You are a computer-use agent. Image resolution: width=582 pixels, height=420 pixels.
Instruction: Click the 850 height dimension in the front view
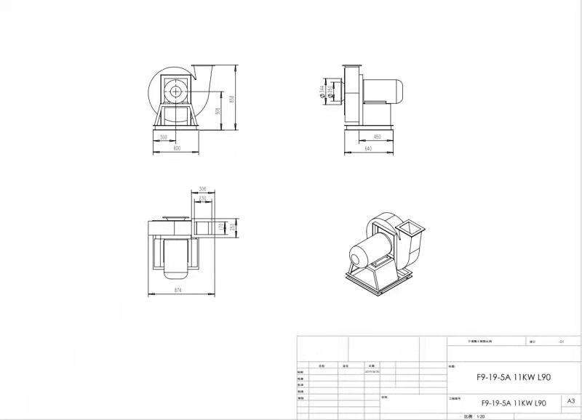(x=232, y=99)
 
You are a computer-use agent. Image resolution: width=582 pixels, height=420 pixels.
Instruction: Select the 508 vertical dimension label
(x=218, y=112)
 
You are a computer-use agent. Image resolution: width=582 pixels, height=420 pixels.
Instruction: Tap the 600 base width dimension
(x=177, y=148)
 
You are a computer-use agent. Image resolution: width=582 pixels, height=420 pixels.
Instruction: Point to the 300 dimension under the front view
(x=164, y=137)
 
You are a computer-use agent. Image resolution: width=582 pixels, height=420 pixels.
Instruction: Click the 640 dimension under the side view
(x=367, y=149)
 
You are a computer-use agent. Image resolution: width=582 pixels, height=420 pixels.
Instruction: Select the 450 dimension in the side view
(x=378, y=137)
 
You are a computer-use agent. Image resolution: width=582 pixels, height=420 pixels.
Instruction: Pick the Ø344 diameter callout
(x=322, y=92)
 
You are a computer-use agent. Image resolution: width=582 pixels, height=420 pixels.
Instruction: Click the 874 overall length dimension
(x=178, y=291)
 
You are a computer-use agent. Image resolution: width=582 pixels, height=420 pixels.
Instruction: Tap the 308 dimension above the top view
(x=202, y=189)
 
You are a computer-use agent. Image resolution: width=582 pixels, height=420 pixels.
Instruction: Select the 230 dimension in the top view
(x=202, y=198)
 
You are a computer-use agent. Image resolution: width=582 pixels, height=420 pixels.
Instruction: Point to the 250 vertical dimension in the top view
(x=232, y=227)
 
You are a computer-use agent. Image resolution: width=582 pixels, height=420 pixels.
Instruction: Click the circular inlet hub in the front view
(x=175, y=92)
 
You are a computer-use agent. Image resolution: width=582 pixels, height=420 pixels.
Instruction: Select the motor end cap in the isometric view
(x=357, y=257)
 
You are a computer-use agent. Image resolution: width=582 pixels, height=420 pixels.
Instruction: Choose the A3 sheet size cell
(x=570, y=400)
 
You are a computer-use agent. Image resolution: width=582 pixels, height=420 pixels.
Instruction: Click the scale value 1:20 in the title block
(x=480, y=416)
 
